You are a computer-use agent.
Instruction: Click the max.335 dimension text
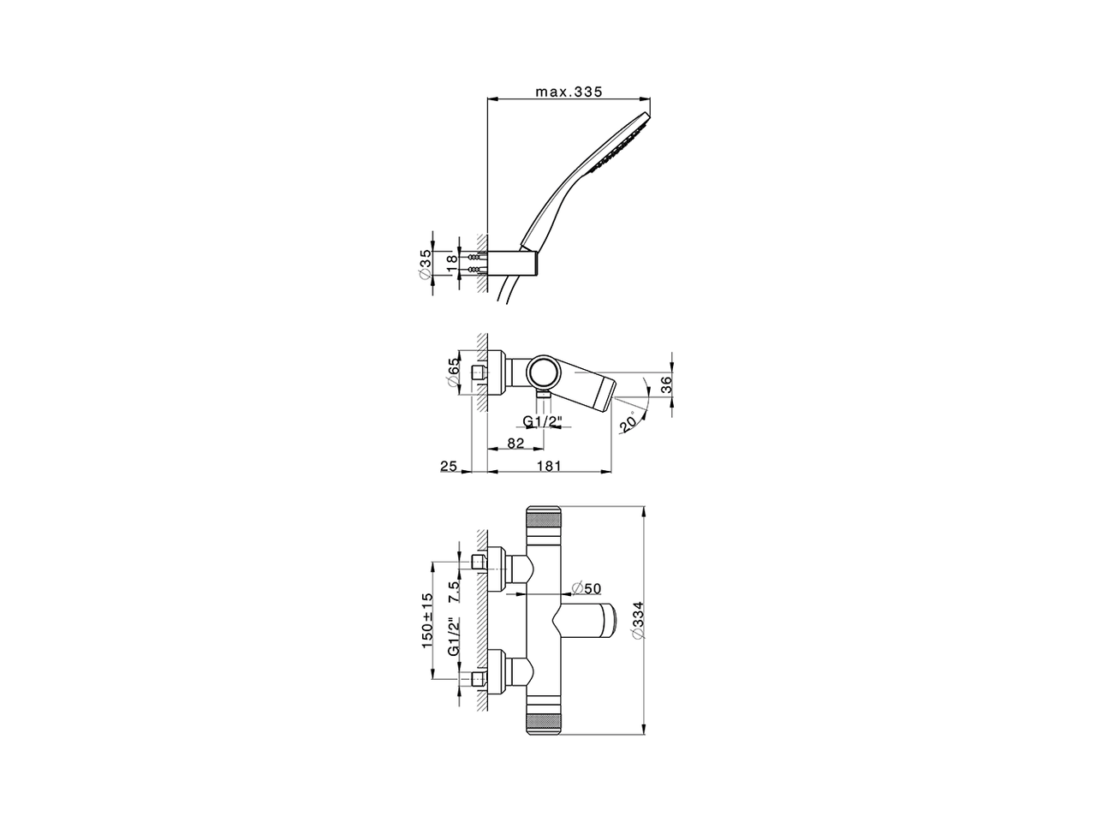(569, 92)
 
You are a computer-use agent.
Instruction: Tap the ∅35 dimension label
(425, 264)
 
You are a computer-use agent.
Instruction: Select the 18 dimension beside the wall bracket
(451, 264)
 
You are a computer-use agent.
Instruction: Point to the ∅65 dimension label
(453, 372)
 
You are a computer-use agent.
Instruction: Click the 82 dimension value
(515, 443)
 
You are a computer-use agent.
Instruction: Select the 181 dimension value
(549, 466)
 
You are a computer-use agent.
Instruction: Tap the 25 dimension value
(449, 466)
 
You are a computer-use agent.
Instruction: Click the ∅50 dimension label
(587, 588)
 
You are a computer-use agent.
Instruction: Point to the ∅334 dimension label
(639, 621)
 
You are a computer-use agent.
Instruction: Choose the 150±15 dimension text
(427, 621)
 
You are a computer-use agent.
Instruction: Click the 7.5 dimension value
(454, 593)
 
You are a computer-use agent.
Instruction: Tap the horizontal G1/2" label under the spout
(542, 422)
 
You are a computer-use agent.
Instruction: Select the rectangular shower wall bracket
(512, 263)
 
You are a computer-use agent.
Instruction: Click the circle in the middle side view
(545, 372)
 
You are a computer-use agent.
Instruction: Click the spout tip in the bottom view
(610, 621)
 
